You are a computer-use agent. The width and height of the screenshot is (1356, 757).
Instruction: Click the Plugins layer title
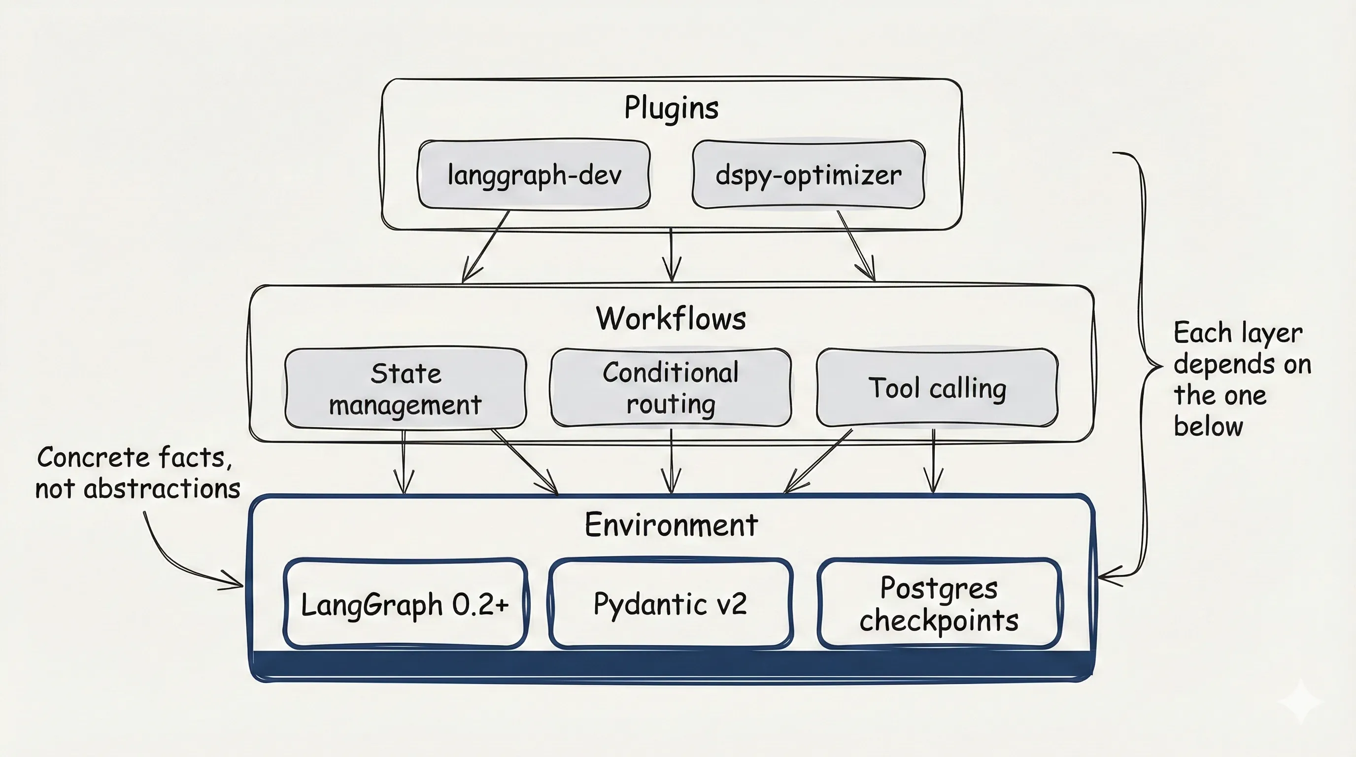pyautogui.click(x=671, y=108)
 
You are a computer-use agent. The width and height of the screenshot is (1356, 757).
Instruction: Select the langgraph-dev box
pyautogui.click(x=534, y=175)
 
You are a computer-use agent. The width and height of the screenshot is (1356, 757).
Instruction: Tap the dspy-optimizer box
pyautogui.click(x=808, y=175)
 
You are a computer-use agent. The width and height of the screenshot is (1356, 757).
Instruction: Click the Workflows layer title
pyautogui.click(x=671, y=318)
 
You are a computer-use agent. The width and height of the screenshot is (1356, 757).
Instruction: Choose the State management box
pyautogui.click(x=406, y=388)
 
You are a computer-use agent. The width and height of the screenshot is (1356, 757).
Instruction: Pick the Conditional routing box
pyautogui.click(x=671, y=388)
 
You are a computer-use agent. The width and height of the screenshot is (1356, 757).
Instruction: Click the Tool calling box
pyautogui.click(x=937, y=388)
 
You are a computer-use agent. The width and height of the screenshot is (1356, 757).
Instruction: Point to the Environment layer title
pyautogui.click(x=671, y=525)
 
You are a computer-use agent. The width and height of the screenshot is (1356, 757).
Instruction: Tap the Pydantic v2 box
pyautogui.click(x=670, y=603)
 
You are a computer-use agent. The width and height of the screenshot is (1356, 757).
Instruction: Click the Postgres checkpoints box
pyautogui.click(x=939, y=604)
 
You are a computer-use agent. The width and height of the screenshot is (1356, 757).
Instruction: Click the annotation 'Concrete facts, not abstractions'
pyautogui.click(x=137, y=472)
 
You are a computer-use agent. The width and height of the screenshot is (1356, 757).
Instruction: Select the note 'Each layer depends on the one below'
pyautogui.click(x=1241, y=379)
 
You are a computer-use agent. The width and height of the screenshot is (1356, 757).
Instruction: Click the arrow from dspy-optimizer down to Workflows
pyautogui.click(x=855, y=245)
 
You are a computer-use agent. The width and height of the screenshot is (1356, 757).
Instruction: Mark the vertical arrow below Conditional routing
pyautogui.click(x=671, y=461)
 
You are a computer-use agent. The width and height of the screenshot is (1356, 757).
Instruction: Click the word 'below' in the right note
pyautogui.click(x=1208, y=426)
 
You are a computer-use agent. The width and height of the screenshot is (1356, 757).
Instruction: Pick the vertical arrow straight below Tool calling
pyautogui.click(x=933, y=461)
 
